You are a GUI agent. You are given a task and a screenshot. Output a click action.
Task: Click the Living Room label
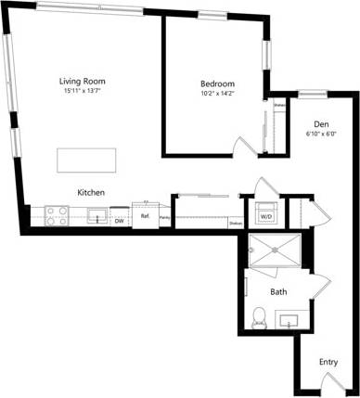(x=81, y=81)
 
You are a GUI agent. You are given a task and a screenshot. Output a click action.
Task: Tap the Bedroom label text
(x=218, y=83)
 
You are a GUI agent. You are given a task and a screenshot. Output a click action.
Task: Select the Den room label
(x=321, y=124)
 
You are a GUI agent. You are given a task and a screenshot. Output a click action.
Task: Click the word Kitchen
(x=90, y=192)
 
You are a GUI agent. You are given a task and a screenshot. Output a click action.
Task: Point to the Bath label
(x=278, y=291)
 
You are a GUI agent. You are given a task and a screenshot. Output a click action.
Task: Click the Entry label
(x=328, y=362)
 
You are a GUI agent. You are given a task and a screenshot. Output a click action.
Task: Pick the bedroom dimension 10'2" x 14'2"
(x=218, y=94)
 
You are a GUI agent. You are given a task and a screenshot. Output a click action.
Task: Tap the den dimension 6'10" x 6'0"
(x=321, y=135)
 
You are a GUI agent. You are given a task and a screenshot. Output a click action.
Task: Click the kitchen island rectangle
(x=90, y=159)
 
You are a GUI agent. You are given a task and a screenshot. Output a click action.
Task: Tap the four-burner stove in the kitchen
(x=56, y=215)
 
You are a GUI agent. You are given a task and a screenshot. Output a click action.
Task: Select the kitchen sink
(x=96, y=216)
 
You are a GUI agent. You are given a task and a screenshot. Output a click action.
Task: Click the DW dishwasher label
(x=119, y=221)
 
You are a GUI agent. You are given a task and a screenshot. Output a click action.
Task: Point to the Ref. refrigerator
(x=145, y=215)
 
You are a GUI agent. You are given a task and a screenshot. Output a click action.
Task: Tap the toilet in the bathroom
(x=259, y=317)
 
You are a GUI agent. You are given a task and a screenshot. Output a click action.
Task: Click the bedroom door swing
(x=240, y=146)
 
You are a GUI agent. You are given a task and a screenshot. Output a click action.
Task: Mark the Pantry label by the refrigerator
(x=163, y=219)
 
